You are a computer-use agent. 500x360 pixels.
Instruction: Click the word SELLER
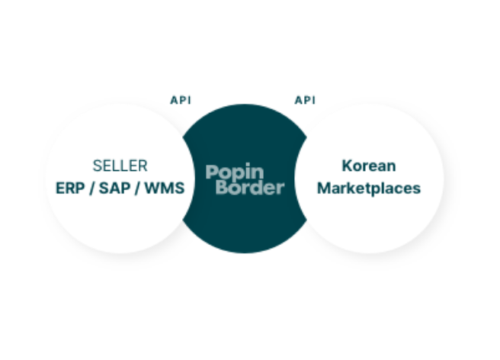pos(120,166)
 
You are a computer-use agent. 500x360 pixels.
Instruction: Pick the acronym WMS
pos(164,188)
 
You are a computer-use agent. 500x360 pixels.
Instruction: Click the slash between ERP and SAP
pos(92,188)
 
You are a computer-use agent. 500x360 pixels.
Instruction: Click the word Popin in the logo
pos(235,172)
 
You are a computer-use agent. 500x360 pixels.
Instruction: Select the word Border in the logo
pos(250,187)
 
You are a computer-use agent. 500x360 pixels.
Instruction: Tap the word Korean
pos(369,166)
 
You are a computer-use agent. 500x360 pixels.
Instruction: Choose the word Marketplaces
pos(369,188)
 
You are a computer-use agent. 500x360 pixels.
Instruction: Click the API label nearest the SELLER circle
pos(181,100)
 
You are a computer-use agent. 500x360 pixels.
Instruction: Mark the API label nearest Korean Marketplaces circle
pos(305,100)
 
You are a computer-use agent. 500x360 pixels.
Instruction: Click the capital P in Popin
pos(212,172)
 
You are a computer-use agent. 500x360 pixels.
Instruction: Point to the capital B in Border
pos(223,187)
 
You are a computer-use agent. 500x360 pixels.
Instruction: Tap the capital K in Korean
pos(348,166)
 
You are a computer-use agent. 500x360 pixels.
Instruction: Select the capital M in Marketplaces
pos(324,188)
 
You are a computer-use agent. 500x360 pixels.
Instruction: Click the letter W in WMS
pos(152,188)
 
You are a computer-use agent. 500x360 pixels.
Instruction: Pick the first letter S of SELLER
pos(96,166)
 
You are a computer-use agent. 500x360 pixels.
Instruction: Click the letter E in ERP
pos(60,188)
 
